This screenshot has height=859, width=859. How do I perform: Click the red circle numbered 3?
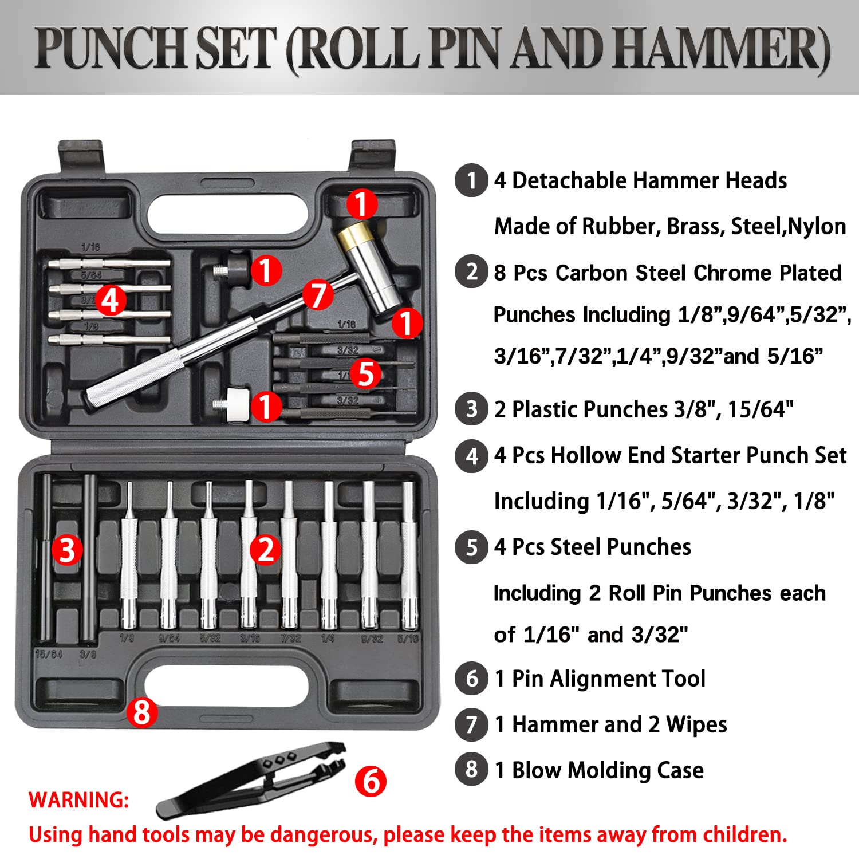pyautogui.click(x=68, y=549)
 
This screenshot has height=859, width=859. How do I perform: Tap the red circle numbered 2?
pyautogui.click(x=266, y=549)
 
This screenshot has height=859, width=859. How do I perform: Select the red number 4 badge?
pyautogui.click(x=111, y=300)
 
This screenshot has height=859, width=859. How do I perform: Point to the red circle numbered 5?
pyautogui.click(x=365, y=373)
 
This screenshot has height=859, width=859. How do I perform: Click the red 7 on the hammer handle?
pyautogui.click(x=318, y=294)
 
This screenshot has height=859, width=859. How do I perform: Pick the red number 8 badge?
pyautogui.click(x=142, y=712)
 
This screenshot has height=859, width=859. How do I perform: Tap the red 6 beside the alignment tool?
pyautogui.click(x=371, y=781)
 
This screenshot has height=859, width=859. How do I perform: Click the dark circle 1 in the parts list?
pyautogui.click(x=471, y=180)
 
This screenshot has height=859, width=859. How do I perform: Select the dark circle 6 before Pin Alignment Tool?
pyautogui.click(x=471, y=679)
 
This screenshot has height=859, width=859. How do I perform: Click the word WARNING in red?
pyautogui.click(x=79, y=800)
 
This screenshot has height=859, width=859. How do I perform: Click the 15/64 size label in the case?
pyautogui.click(x=49, y=654)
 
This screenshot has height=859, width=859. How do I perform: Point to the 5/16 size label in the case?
pyautogui.click(x=408, y=639)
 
